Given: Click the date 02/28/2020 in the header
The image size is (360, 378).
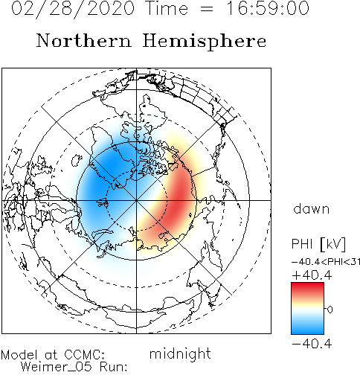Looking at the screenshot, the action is pyautogui.click(x=73, y=9).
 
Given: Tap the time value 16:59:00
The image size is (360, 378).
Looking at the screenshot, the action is pyautogui.click(x=268, y=8).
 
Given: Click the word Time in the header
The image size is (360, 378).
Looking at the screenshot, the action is pyautogui.click(x=167, y=8).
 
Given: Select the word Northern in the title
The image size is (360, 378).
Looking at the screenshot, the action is pyautogui.click(x=84, y=41).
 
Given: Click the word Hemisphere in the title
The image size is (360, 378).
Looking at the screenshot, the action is pyautogui.click(x=205, y=42).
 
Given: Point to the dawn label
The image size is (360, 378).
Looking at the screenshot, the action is pyautogui.click(x=312, y=209).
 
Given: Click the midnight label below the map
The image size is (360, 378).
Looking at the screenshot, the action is pyautogui.click(x=180, y=354).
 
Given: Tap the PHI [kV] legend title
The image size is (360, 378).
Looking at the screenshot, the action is pyautogui.click(x=318, y=244).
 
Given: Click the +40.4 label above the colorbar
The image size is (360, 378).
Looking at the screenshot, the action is pyautogui.click(x=312, y=275).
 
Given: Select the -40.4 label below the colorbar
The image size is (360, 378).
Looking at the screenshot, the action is pyautogui.click(x=312, y=344).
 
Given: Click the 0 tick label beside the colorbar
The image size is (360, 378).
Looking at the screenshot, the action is pyautogui.click(x=330, y=310).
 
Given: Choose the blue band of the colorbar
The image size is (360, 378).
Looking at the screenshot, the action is pyautogui.click(x=307, y=326).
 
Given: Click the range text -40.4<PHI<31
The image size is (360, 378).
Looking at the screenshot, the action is pyautogui.click(x=326, y=262).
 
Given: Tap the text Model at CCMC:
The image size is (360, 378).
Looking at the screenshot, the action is pyautogui.click(x=53, y=354).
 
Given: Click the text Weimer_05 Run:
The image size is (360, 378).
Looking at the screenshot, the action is pyautogui.click(x=74, y=367).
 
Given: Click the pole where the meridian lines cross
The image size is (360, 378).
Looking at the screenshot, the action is pyautogui.click(x=136, y=200).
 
